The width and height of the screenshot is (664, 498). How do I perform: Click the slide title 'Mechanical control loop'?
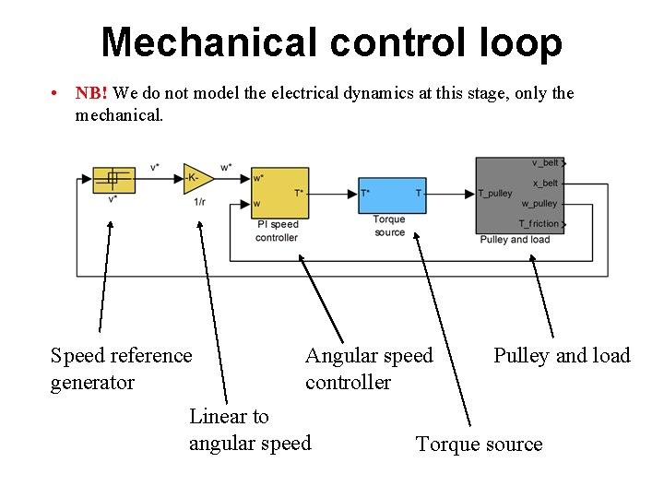click(x=331, y=42)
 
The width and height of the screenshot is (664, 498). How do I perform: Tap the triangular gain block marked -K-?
click(x=196, y=177)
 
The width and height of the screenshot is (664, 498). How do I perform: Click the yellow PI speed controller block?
click(x=279, y=192)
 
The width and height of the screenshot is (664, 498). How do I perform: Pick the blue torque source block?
click(x=392, y=192)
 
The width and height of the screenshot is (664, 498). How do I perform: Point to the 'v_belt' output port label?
click(x=544, y=163)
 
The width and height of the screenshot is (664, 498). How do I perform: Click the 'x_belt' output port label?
click(x=545, y=184)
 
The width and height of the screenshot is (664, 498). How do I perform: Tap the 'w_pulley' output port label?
click(x=539, y=203)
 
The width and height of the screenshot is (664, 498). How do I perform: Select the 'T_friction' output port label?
click(x=539, y=223)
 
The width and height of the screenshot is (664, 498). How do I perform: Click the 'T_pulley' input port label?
click(x=495, y=194)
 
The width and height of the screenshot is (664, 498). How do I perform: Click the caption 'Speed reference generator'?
click(x=121, y=369)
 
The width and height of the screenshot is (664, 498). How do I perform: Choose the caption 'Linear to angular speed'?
click(x=250, y=430)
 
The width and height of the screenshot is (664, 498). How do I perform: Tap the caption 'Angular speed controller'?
click(x=368, y=369)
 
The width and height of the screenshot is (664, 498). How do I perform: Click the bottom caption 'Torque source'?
click(x=479, y=445)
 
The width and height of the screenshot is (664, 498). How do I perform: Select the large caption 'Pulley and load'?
click(x=562, y=356)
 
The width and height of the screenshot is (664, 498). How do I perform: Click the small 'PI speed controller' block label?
click(x=277, y=231)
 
